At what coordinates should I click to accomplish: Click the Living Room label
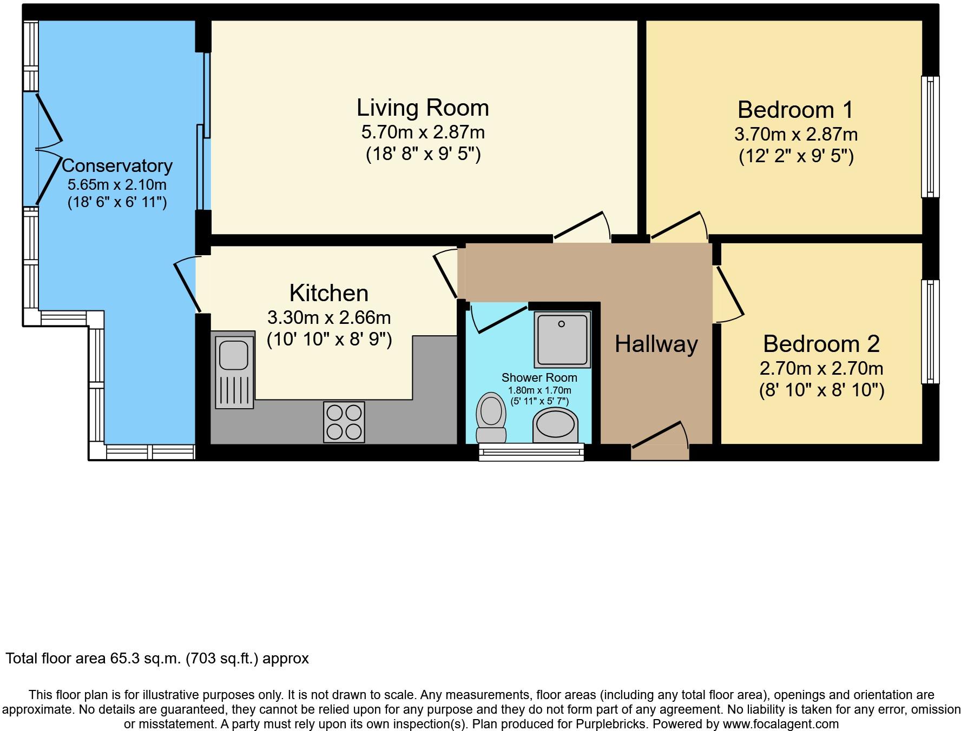point(423,108)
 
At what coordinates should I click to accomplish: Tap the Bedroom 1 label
point(795,110)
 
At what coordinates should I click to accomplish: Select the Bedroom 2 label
point(821,344)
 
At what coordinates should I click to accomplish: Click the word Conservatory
point(117,165)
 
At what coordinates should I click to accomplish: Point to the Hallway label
point(656,344)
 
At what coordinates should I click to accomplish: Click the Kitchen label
point(329,293)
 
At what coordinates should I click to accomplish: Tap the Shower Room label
point(539,377)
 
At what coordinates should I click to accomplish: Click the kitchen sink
point(234,371)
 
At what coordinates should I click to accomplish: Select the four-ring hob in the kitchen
point(344,422)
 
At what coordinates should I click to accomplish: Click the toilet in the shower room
point(491,417)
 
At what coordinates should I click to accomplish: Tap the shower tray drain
point(562,324)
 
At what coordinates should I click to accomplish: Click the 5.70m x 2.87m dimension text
point(423,131)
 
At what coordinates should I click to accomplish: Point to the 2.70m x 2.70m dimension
point(821,369)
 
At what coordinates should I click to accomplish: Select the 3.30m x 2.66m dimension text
point(329,317)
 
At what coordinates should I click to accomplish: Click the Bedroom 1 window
point(931,136)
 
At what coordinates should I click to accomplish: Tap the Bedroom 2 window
point(931,331)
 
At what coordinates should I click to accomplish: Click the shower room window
point(531,452)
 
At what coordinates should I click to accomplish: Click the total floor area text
point(157,659)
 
